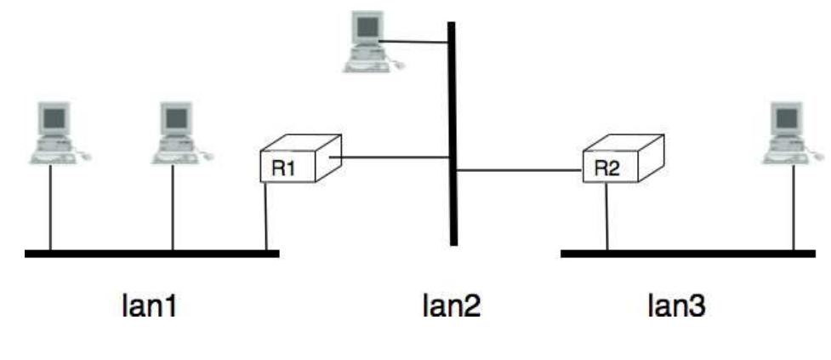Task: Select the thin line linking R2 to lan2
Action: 519,171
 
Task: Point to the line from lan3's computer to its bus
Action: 793,209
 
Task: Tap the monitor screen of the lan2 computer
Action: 367,28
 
